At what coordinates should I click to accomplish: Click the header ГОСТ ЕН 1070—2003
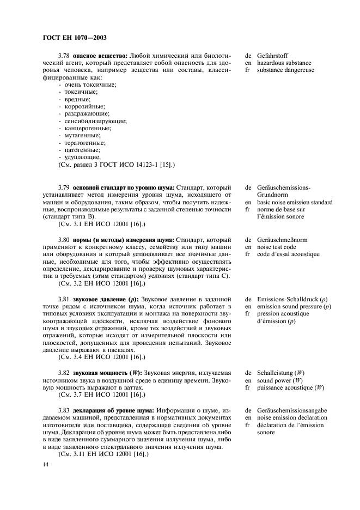(74, 38)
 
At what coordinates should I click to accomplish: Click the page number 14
(45, 464)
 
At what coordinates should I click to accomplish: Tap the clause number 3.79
(64, 188)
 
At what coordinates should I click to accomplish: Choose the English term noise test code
(277, 247)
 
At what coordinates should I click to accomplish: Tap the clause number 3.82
(64, 372)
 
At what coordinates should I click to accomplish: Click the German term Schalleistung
(280, 372)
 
